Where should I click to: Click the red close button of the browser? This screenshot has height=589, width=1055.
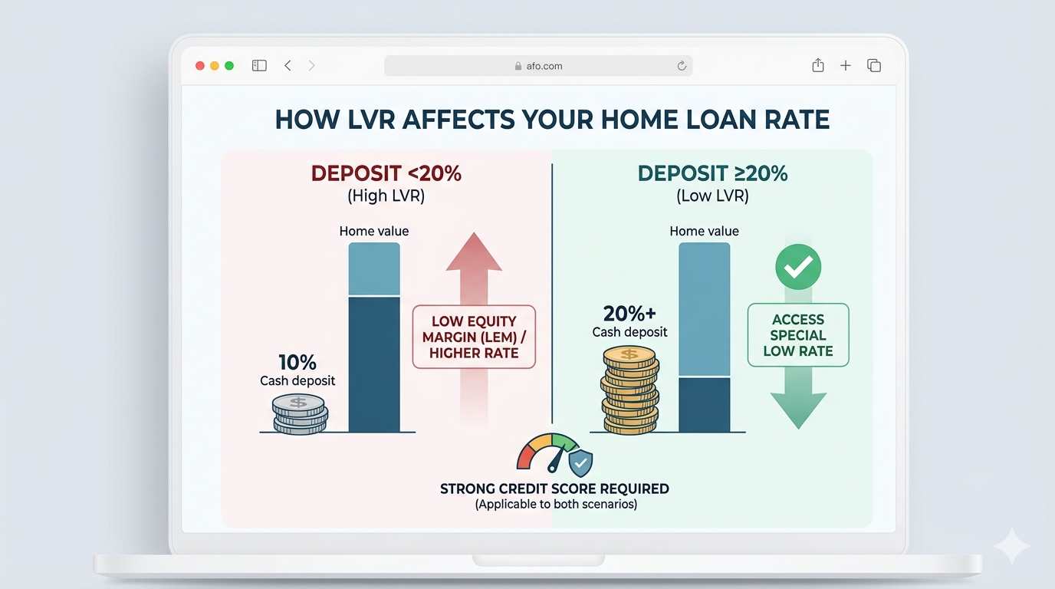[200, 66]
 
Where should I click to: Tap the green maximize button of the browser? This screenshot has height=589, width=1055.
[228, 66]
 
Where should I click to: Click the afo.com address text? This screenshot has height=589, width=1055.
[544, 66]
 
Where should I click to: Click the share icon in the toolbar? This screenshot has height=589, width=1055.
[818, 65]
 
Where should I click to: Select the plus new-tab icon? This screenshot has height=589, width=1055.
[846, 66]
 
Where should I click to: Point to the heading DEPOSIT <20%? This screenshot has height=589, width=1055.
[386, 173]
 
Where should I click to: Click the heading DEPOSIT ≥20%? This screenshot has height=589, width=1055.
[712, 173]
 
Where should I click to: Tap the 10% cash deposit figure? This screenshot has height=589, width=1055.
[298, 362]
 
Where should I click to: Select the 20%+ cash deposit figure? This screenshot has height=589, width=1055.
[630, 313]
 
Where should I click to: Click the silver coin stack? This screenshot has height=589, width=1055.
[300, 414]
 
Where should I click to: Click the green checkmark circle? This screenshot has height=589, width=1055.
[798, 267]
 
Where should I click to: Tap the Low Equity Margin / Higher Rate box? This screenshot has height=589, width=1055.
[474, 337]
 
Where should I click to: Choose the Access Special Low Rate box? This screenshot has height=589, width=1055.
[798, 335]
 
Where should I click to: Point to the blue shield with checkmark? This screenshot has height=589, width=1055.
[580, 462]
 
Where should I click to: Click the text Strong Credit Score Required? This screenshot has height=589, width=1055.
[554, 489]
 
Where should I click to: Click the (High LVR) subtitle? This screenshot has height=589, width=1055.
[386, 196]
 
